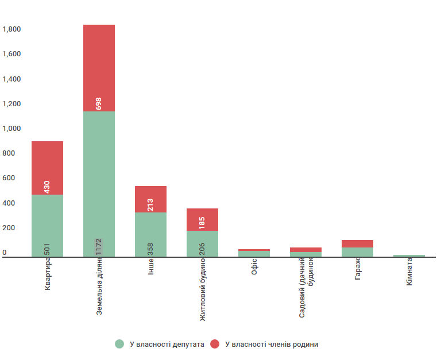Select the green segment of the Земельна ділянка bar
[x=99, y=184]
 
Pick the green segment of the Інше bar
[x=150, y=234]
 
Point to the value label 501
[x=47, y=249]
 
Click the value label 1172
[x=99, y=247]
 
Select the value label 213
[x=150, y=204]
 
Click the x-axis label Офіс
[x=254, y=268]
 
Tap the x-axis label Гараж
[x=358, y=270]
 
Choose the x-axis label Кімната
[x=409, y=273]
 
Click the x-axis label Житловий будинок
[x=203, y=291]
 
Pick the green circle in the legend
[x=119, y=344]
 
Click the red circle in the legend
[x=215, y=344]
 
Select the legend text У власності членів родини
[x=272, y=344]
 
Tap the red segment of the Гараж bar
[x=357, y=243]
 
